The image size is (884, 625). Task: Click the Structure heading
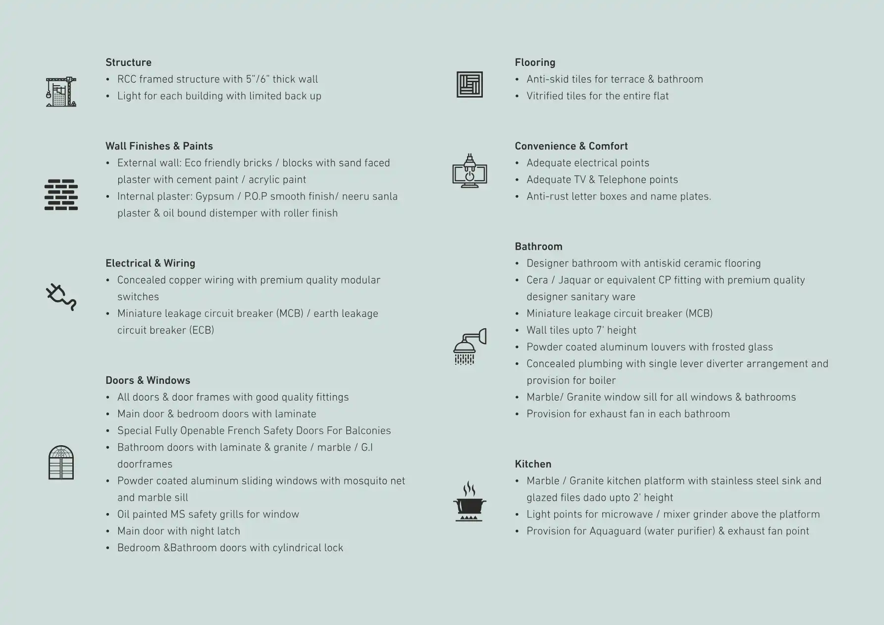pos(128,62)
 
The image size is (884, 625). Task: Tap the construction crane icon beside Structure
pos(61,92)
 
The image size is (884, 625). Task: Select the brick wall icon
pos(61,195)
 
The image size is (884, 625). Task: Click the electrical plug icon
pos(61,297)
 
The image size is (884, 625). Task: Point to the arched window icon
pos(61,463)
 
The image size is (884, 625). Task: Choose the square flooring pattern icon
pos(469,84)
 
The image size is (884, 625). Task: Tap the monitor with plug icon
pos(469,171)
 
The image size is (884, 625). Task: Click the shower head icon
pos(469,346)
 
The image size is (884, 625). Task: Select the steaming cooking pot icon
pos(469,501)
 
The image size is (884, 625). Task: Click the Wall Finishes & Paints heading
pos(159,146)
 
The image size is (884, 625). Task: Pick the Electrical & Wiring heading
pos(150,263)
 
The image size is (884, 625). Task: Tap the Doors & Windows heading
pos(148,380)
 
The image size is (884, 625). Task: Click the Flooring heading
pos(535,62)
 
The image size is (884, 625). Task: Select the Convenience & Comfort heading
pos(571,146)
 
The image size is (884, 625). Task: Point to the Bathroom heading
pos(538,247)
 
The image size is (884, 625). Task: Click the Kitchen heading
pos(533,464)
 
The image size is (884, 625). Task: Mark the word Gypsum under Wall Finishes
pos(214,197)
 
